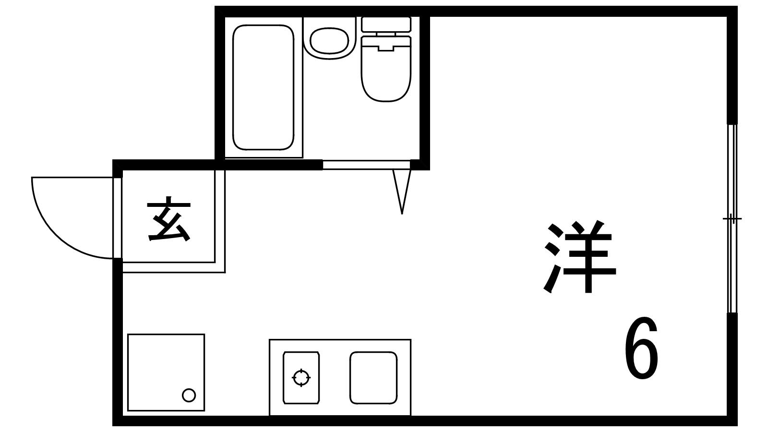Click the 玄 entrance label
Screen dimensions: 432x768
click(168, 219)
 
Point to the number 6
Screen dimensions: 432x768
click(641, 348)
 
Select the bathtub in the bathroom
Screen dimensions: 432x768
click(263, 87)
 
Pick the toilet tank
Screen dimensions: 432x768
click(386, 24)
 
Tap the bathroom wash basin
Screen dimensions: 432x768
click(329, 40)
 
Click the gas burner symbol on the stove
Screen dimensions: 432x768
click(301, 378)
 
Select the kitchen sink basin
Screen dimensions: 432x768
click(373, 378)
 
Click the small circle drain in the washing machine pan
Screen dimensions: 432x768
click(189, 396)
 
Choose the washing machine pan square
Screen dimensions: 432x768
click(166, 372)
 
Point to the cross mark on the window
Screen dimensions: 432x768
click(732, 219)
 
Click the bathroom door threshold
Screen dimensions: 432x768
click(366, 165)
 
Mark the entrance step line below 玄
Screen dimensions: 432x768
click(173, 267)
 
